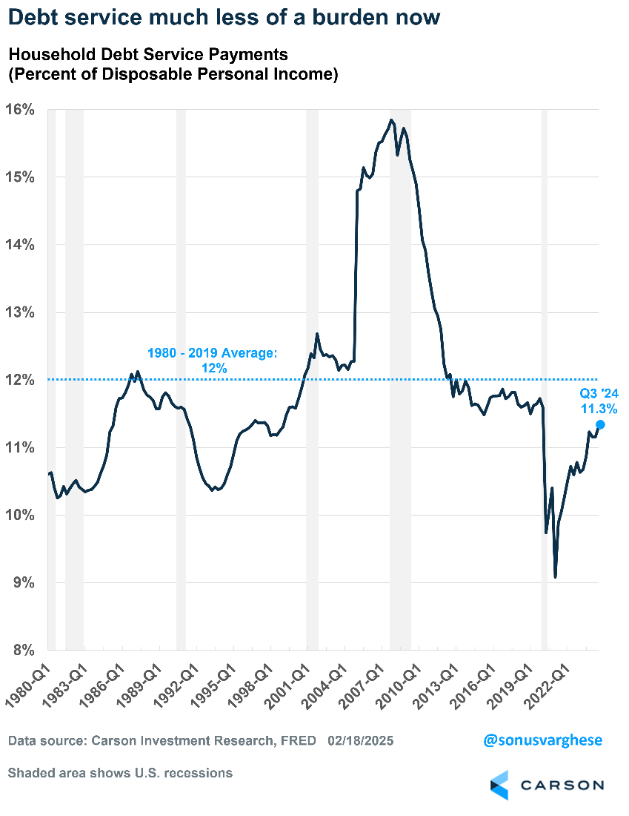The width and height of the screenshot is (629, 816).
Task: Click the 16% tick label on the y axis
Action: coord(20,110)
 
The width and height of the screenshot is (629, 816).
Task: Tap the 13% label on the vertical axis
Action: coord(20,312)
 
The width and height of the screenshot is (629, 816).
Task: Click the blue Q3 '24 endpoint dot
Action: coord(600,424)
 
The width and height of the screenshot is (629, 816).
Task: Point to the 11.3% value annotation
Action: coord(601,408)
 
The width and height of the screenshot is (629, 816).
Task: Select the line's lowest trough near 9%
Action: coord(555,576)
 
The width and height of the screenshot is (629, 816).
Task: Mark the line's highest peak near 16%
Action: coord(391,119)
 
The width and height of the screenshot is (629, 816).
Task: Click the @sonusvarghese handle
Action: coord(543,740)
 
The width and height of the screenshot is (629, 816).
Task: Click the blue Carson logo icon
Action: coord(499,786)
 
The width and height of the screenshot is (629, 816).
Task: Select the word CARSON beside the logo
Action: coord(562,785)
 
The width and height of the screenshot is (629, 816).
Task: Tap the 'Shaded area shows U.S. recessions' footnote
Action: coord(120,773)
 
